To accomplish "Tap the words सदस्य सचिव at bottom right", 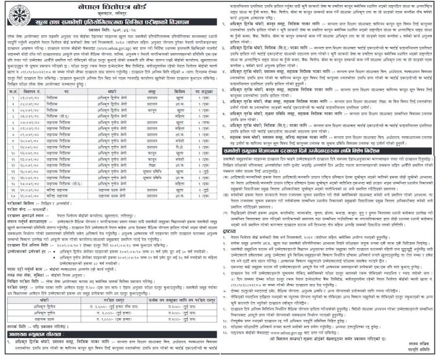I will (x=420, y=346).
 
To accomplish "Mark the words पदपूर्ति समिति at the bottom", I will (x=421, y=352).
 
